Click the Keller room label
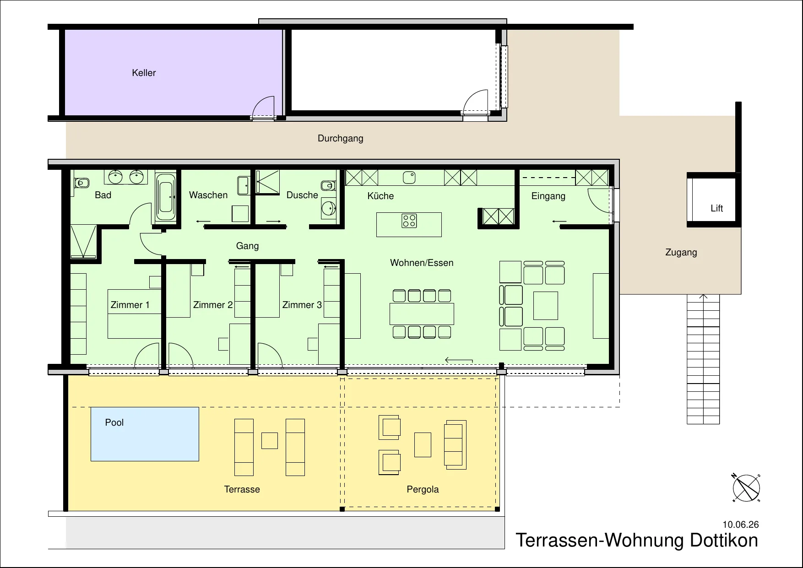144,73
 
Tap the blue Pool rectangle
145,434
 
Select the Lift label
716,208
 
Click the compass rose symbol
746,488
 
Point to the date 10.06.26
740,525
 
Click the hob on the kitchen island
409,221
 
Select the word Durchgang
340,138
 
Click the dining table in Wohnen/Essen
422,314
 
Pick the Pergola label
423,489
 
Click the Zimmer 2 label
213,305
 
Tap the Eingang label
548,196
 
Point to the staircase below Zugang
703,359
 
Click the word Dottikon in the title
724,540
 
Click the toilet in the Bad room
81,183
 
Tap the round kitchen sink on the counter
409,177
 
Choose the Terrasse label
242,489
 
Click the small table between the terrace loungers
270,441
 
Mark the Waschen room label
208,195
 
